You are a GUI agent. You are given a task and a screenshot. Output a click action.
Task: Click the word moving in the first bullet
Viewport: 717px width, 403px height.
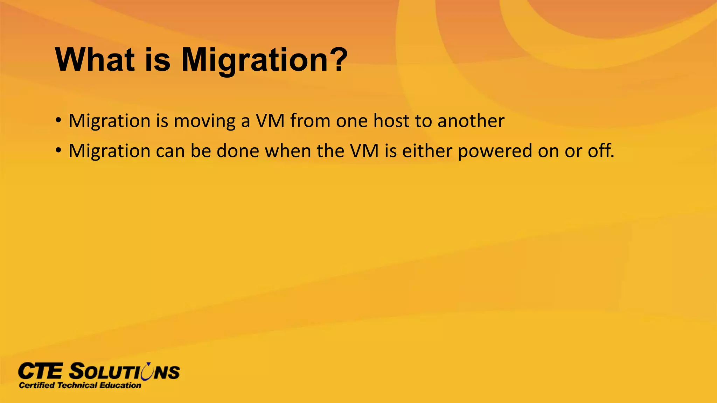[x=204, y=121]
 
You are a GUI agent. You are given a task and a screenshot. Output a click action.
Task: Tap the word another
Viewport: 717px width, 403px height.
[x=471, y=121]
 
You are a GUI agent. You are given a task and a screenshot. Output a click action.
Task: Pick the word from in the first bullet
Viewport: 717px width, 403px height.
[x=310, y=121]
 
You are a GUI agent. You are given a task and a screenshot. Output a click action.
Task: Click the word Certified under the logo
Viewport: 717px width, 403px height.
[x=37, y=386]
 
